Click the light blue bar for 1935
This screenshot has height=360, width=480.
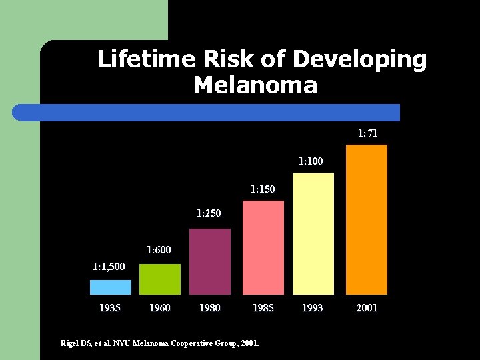[111, 287]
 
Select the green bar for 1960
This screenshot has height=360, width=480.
[160, 279]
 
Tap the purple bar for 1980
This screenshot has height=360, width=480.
[210, 262]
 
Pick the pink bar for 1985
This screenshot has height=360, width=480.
[263, 248]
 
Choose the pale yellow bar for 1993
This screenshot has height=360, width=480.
[313, 233]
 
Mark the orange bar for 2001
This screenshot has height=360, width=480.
[367, 219]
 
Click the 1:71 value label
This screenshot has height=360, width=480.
[367, 133]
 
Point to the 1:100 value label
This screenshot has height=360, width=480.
[311, 161]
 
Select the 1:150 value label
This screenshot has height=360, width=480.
[263, 189]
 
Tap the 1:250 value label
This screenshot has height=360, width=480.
[209, 213]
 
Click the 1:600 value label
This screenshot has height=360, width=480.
[159, 250]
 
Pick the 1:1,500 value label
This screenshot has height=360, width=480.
[108, 267]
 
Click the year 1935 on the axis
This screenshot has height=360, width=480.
[110, 307]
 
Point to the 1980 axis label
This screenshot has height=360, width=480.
[210, 307]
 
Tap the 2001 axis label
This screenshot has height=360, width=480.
[367, 307]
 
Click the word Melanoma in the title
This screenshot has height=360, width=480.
[255, 85]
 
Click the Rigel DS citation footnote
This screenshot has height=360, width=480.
[160, 343]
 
